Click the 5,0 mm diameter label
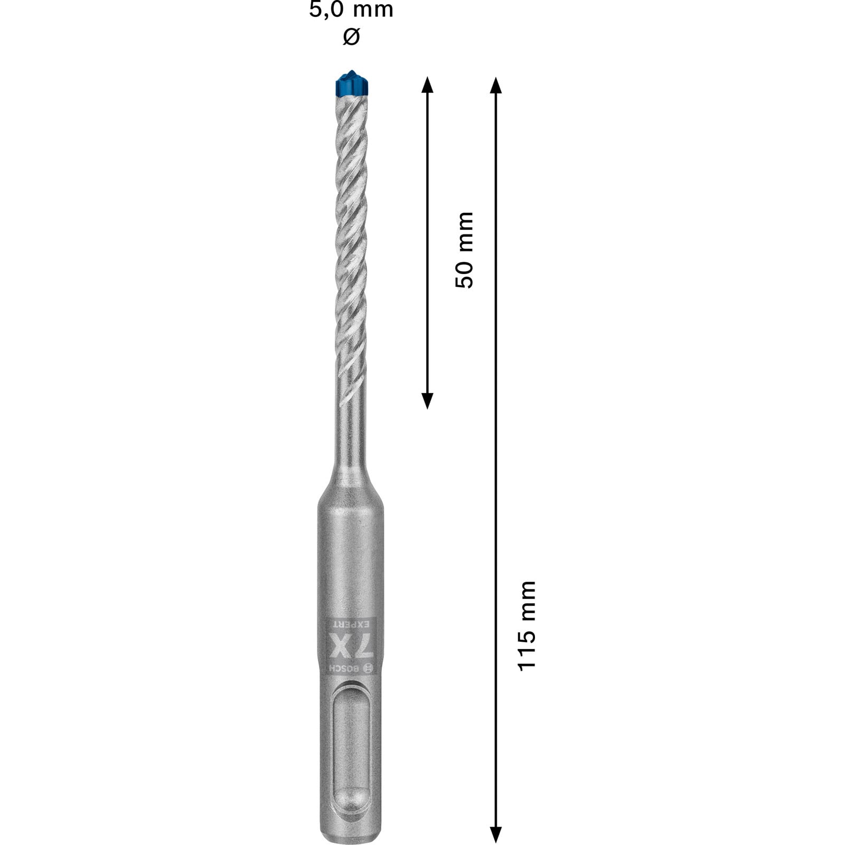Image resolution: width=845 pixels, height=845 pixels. click(x=351, y=10)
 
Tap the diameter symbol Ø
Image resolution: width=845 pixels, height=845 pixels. click(x=351, y=37)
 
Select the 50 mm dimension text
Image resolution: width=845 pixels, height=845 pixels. click(x=464, y=249)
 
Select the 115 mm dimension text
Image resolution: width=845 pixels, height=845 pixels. click(x=527, y=626)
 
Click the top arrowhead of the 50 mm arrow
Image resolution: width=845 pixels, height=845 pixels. click(x=427, y=84)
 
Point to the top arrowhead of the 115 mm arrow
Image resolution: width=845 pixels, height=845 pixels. click(x=495, y=84)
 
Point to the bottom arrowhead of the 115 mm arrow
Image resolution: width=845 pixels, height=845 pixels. click(x=495, y=834)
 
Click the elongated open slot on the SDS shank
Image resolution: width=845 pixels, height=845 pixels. click(x=351, y=739)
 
